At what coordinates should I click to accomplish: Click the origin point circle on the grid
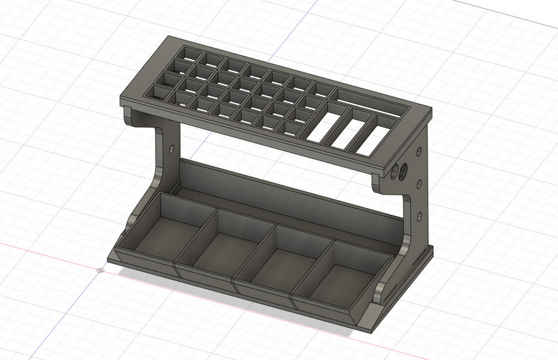click(102, 269)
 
